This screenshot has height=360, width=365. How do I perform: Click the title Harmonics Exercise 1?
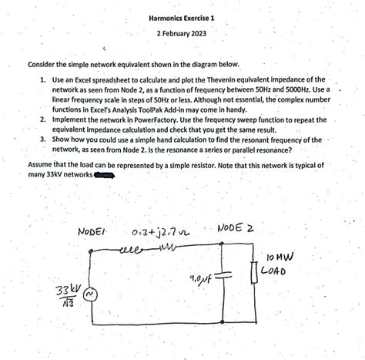tap(182, 17)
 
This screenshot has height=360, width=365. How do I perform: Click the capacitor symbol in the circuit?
tap(222, 273)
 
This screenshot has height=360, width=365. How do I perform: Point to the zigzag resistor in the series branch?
tap(160, 248)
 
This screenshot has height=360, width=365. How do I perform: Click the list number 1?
tap(42, 79)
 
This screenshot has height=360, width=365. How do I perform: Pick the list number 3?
tap(42, 140)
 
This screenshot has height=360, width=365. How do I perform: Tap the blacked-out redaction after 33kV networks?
tap(105, 174)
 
